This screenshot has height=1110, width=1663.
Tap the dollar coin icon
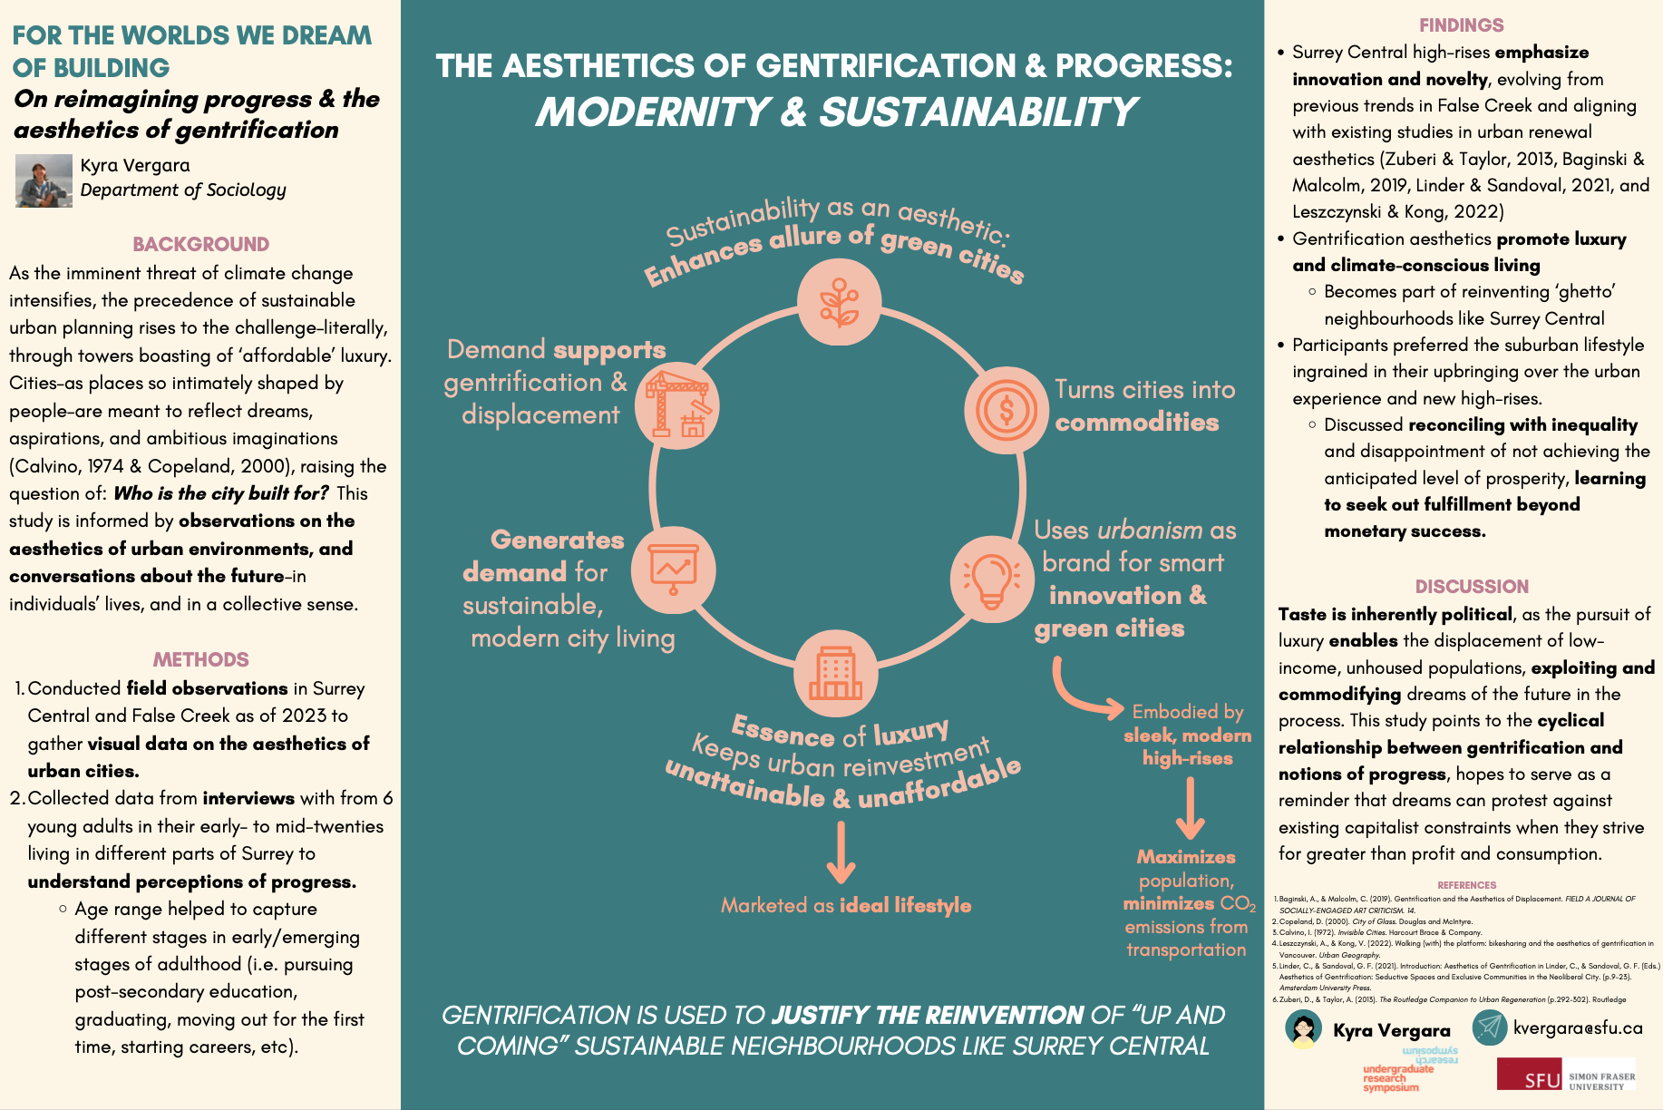coord(1006,410)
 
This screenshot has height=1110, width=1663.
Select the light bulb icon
coord(991,579)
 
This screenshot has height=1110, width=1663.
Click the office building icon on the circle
coord(835,674)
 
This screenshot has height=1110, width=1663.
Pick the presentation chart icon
coord(674,570)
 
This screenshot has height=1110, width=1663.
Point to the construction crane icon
coord(676,404)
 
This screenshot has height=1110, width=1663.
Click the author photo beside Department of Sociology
coord(44,180)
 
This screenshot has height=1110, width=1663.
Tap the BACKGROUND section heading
coord(200,244)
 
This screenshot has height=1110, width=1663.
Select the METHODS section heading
coord(200,659)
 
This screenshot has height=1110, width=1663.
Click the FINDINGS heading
coord(1461,25)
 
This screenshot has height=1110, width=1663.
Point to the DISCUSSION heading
coord(1472,587)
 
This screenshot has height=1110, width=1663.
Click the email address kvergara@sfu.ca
coord(1578,1028)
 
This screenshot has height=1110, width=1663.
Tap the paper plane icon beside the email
coord(1489,1027)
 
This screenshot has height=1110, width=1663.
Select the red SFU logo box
coord(1529,1074)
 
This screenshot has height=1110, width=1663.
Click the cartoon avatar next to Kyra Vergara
coord(1303,1029)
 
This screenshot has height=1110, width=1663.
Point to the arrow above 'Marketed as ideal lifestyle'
coord(841,852)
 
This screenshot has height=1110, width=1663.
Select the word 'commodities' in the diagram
coord(1136,423)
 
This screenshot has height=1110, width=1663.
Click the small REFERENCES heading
coord(1466,885)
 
